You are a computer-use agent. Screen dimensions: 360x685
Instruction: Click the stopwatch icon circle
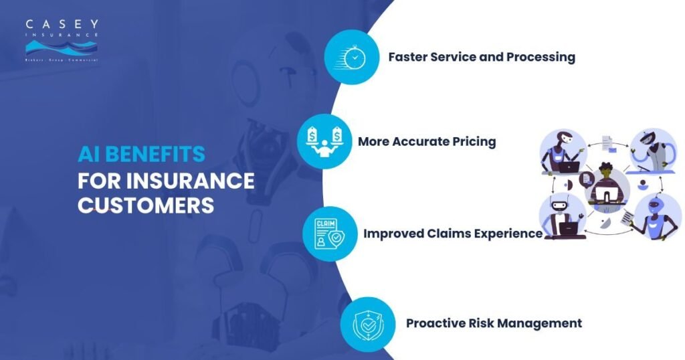[x=351, y=57]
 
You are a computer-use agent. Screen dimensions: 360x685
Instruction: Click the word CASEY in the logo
[x=62, y=25]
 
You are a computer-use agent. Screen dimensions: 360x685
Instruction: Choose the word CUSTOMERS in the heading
[x=146, y=205]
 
